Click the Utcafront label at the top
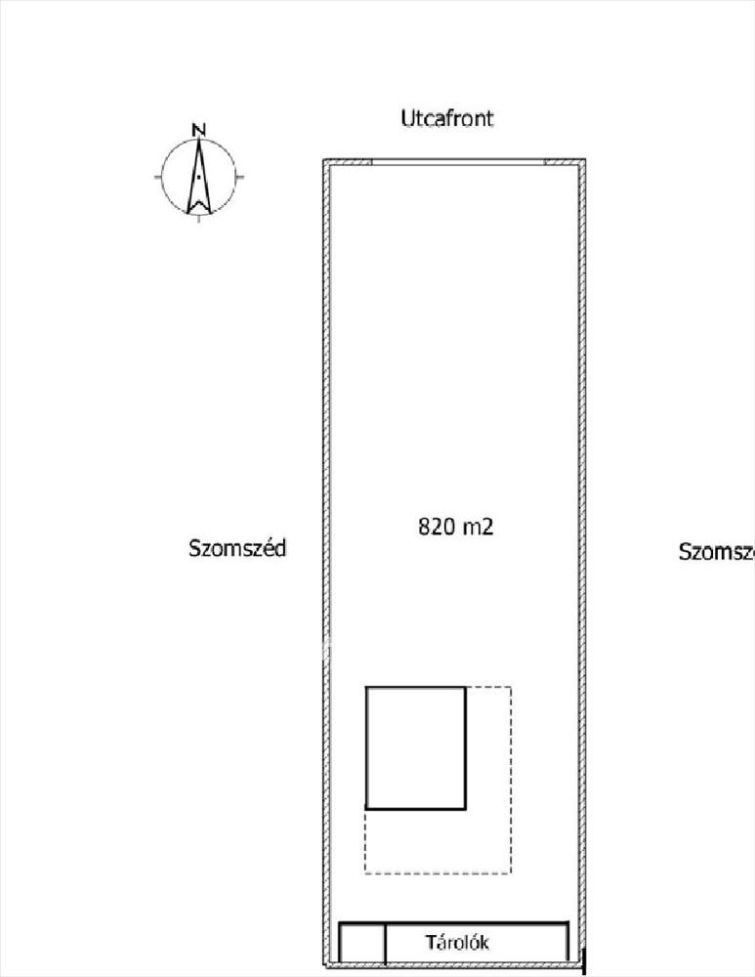pyautogui.click(x=446, y=119)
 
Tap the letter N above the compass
pyautogui.click(x=198, y=129)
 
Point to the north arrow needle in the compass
pyautogui.click(x=198, y=176)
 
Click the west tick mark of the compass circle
pyautogui.click(x=158, y=178)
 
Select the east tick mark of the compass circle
pyautogui.click(x=239, y=178)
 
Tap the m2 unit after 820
pyautogui.click(x=478, y=527)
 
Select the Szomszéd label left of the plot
pyautogui.click(x=237, y=548)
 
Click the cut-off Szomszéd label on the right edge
pyautogui.click(x=716, y=552)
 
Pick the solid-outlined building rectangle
pyautogui.click(x=415, y=747)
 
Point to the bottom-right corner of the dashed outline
pyautogui.click(x=511, y=872)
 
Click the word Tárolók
pyautogui.click(x=457, y=944)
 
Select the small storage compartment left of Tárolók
pyautogui.click(x=362, y=944)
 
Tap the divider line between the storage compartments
pyautogui.click(x=385, y=944)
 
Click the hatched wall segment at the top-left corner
pyautogui.click(x=349, y=162)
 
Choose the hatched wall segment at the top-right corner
pyautogui.click(x=565, y=162)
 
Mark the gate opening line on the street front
pyautogui.click(x=457, y=162)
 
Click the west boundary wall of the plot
pyautogui.click(x=326, y=547)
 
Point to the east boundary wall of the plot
pyautogui.click(x=584, y=547)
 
